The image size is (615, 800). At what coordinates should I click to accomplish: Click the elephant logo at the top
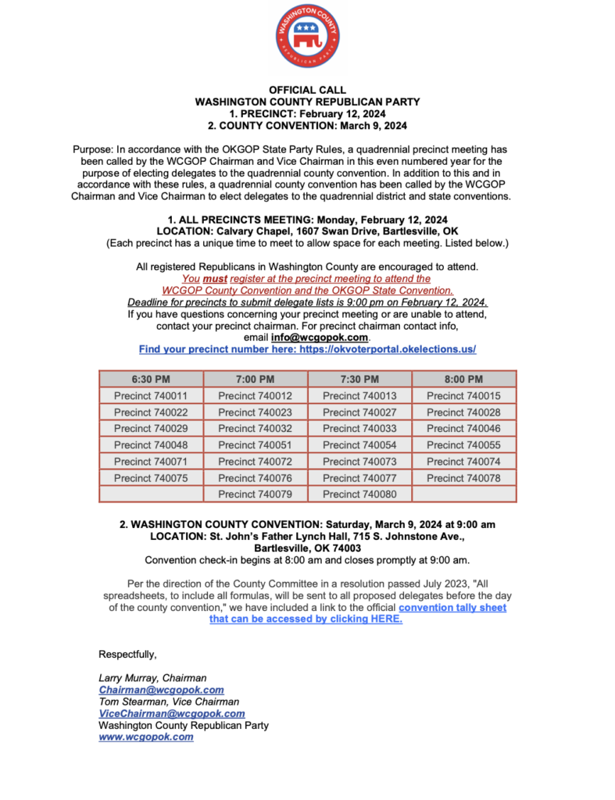tap(307, 37)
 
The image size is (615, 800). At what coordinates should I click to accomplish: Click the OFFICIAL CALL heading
tap(307, 91)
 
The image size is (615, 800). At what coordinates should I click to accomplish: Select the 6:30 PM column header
tap(151, 379)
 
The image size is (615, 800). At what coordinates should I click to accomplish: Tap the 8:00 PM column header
tap(464, 379)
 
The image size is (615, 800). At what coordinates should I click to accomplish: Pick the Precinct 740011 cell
tap(151, 396)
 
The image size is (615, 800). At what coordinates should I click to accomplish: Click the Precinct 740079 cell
tap(255, 494)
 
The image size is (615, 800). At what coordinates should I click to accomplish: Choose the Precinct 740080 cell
tap(359, 494)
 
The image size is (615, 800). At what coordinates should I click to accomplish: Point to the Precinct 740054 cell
tap(359, 445)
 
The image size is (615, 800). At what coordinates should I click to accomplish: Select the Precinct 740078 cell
tap(464, 477)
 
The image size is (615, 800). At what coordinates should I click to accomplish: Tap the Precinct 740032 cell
tap(255, 428)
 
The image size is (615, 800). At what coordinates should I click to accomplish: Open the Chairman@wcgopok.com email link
tap(161, 690)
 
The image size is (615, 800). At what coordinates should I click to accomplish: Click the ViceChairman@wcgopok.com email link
tap(171, 713)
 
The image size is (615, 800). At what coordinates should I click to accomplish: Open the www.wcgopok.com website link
tap(145, 737)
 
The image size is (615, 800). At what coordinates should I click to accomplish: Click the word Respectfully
tap(127, 654)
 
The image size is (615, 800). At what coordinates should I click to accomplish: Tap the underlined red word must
tap(214, 278)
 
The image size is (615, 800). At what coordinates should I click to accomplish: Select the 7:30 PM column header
tap(359, 379)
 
